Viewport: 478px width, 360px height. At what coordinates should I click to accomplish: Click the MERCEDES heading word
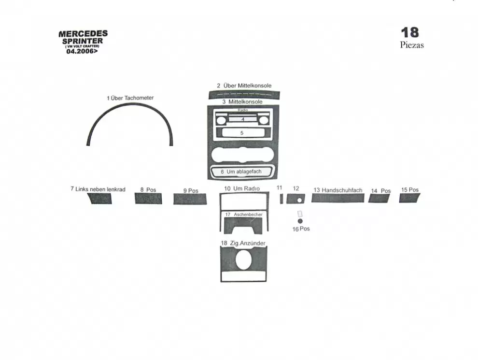[x=83, y=34]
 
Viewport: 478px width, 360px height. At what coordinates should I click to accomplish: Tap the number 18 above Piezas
[x=410, y=32]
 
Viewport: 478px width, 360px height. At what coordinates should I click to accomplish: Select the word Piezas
[x=412, y=45]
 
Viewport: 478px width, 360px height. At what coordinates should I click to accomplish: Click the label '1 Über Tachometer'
[x=130, y=98]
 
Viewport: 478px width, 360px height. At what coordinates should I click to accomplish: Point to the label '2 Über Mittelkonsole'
[x=244, y=86]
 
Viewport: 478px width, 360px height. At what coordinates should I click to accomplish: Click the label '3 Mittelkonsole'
[x=242, y=102]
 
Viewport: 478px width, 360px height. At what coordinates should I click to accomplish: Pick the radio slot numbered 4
[x=243, y=119]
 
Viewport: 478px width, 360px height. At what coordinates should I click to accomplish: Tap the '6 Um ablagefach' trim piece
[x=242, y=172]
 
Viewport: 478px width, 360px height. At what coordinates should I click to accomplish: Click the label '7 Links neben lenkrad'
[x=98, y=189]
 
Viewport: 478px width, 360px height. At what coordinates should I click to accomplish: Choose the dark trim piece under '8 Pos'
[x=148, y=199]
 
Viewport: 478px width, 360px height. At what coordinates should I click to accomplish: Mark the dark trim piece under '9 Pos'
[x=190, y=199]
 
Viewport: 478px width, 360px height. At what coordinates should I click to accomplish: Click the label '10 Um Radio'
[x=242, y=188]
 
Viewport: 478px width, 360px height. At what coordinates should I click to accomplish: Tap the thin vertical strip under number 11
[x=281, y=199]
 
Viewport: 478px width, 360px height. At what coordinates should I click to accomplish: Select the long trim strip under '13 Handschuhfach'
[x=337, y=198]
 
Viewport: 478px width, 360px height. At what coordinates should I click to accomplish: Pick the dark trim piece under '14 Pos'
[x=380, y=198]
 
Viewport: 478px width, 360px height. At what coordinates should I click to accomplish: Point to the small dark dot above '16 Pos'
[x=300, y=221]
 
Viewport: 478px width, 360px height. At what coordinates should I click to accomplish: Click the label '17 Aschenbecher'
[x=243, y=214]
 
